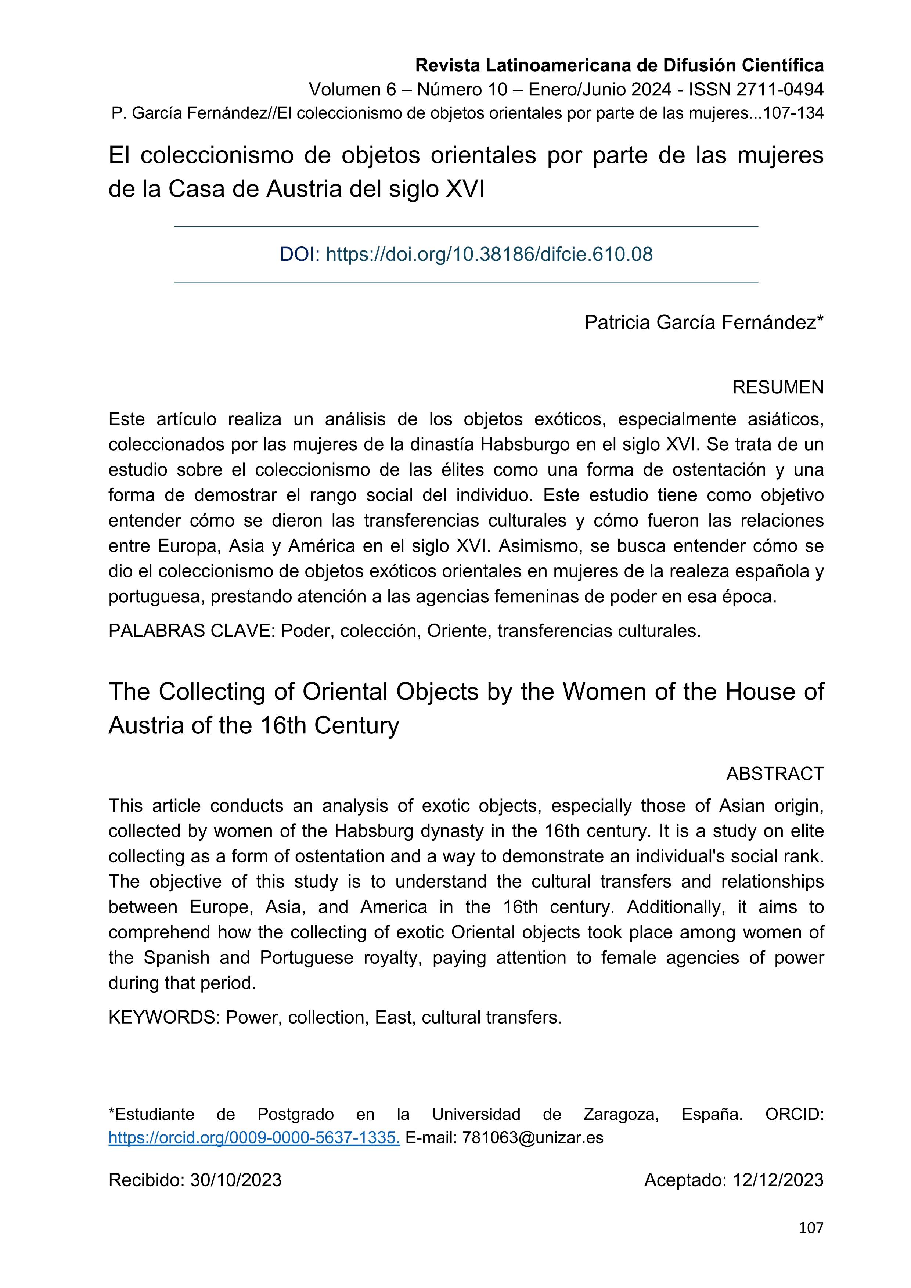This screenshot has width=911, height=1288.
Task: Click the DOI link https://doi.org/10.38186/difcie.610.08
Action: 489,254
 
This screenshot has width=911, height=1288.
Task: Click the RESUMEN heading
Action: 778,387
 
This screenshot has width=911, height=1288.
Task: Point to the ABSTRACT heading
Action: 775,773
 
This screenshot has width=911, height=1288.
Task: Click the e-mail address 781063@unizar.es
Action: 532,1138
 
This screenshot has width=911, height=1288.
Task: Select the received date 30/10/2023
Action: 235,1180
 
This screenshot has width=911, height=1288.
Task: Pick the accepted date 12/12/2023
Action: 778,1180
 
